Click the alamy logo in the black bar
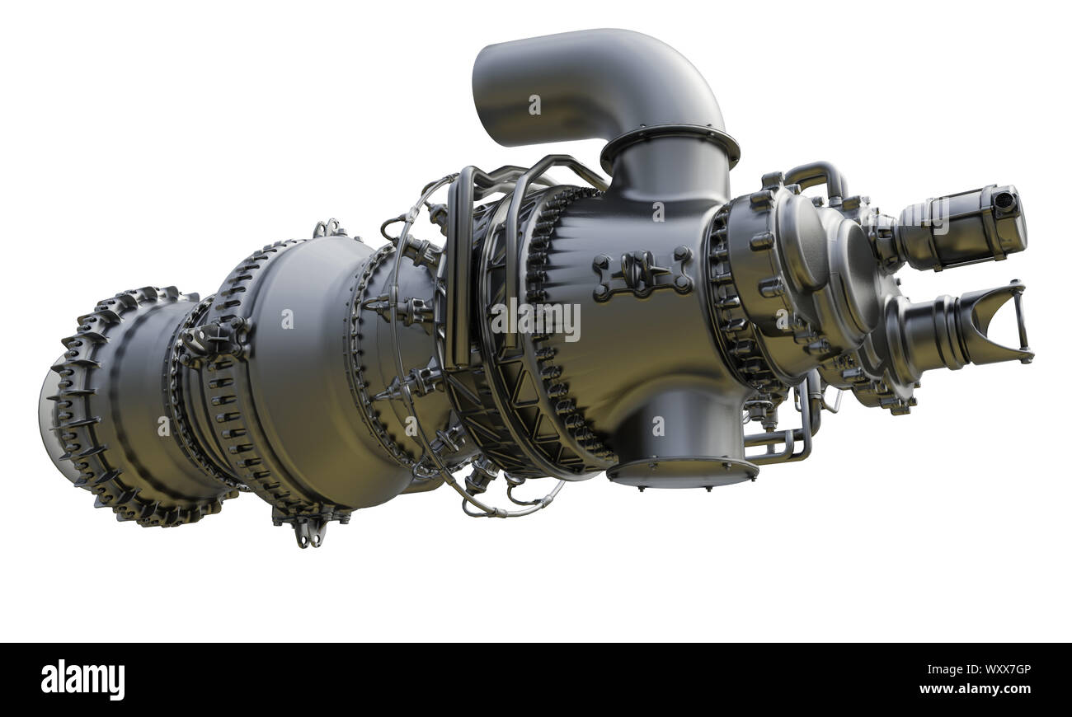click(x=82, y=680)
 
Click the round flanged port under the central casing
click(x=682, y=470)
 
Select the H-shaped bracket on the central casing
click(x=642, y=273)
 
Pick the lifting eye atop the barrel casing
click(x=329, y=228)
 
